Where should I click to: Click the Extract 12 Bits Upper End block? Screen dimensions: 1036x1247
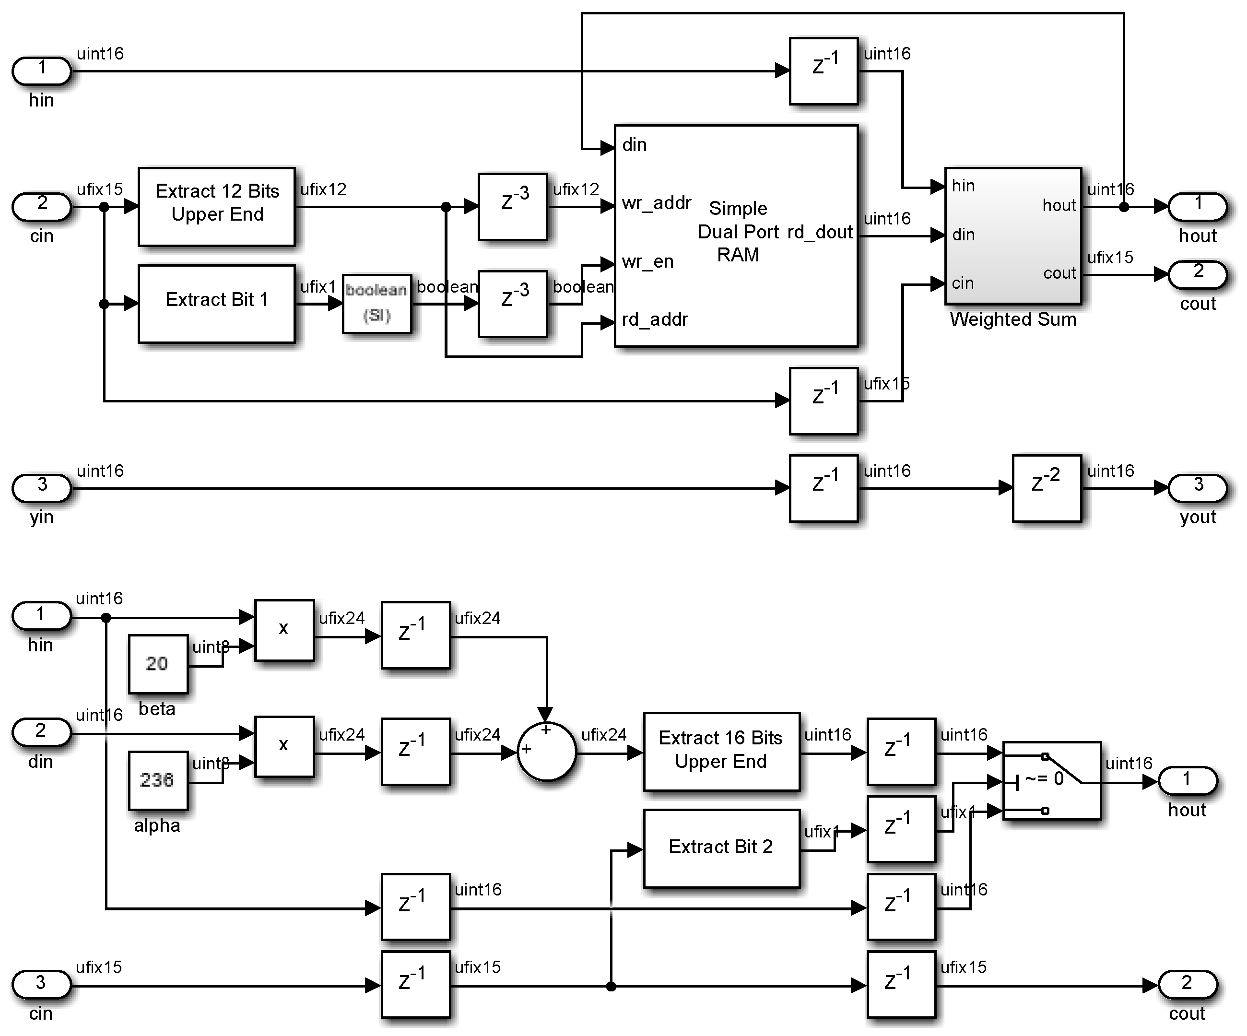click(217, 207)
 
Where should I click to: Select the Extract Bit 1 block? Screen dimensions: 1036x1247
click(217, 304)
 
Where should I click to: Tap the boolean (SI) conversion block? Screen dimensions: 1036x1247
click(376, 304)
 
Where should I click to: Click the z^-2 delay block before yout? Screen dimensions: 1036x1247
click(1047, 488)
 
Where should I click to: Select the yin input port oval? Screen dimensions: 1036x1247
click(42, 488)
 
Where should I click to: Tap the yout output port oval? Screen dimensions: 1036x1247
click(1197, 488)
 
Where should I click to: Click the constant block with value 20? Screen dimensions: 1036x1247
click(158, 664)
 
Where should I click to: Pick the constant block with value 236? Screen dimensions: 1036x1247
click(158, 780)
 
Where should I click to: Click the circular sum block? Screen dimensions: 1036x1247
click(546, 752)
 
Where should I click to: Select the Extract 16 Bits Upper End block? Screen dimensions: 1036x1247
click(721, 751)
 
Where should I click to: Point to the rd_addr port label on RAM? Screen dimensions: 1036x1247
click(654, 320)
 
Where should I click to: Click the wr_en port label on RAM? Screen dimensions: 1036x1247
click(647, 262)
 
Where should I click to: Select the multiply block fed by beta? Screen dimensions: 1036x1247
click(284, 629)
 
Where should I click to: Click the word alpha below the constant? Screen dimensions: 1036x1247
click(157, 826)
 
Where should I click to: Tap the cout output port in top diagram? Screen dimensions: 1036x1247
click(1197, 274)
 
